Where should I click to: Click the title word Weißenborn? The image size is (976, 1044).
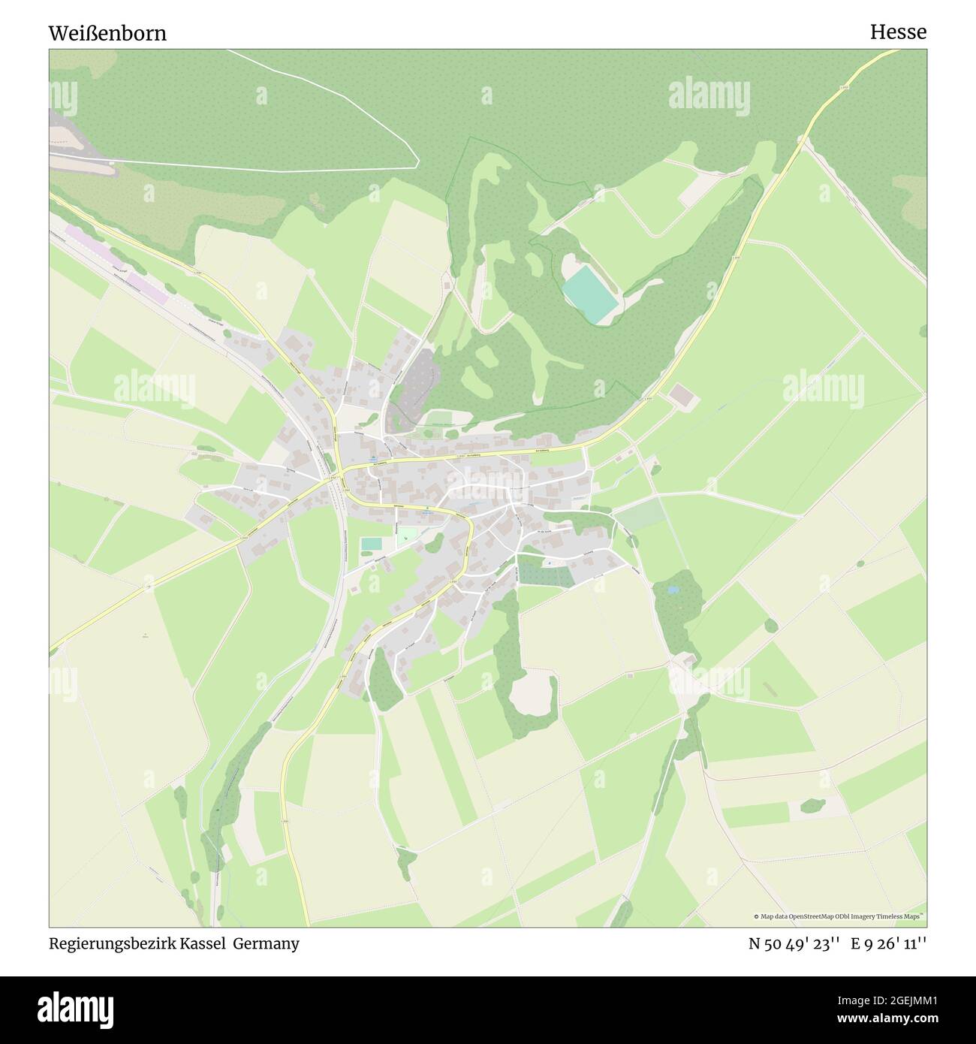[107, 34]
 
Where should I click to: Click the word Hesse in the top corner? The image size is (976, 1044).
[898, 32]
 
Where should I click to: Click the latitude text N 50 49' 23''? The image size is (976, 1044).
[795, 944]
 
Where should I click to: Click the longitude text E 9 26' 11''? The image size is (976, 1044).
[889, 944]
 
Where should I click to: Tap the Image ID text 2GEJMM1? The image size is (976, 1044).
[900, 1000]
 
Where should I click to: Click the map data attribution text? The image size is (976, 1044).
[839, 916]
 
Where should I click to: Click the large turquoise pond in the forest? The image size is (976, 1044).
[590, 296]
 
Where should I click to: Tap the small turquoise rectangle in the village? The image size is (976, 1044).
[371, 543]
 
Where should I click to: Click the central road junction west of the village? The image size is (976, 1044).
[336, 474]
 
